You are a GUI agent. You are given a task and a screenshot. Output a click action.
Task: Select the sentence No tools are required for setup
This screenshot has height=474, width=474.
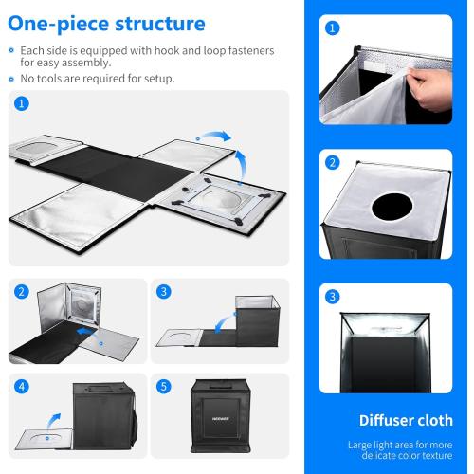tap(96, 78)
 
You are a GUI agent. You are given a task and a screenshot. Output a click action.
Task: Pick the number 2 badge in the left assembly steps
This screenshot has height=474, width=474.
tap(22, 291)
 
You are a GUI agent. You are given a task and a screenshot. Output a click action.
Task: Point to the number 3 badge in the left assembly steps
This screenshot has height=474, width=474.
tap(163, 291)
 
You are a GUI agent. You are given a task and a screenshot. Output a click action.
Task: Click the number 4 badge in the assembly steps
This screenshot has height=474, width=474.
tap(22, 386)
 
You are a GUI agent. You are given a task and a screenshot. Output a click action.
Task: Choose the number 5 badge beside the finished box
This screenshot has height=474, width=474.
tap(163, 386)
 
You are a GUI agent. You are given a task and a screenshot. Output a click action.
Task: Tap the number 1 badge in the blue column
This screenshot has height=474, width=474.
tap(332, 28)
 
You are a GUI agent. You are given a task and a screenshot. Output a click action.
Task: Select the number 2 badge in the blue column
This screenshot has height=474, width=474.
tap(332, 162)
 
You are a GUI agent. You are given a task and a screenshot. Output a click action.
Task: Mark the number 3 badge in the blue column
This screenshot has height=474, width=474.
tap(332, 296)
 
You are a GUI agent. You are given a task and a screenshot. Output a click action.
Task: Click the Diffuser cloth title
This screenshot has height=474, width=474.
tap(406, 420)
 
